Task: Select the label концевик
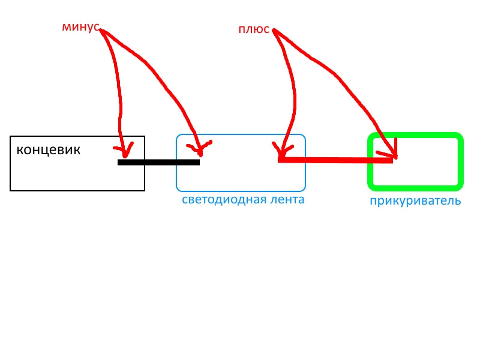click(49, 149)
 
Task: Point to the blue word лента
click(286, 200)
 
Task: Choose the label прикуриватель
click(415, 201)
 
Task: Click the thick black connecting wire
click(158, 162)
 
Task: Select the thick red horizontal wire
click(336, 160)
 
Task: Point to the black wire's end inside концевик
click(119, 162)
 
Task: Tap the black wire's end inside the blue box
click(199, 162)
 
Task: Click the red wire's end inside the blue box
click(280, 160)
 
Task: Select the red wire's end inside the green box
click(392, 160)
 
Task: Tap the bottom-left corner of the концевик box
click(11, 190)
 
